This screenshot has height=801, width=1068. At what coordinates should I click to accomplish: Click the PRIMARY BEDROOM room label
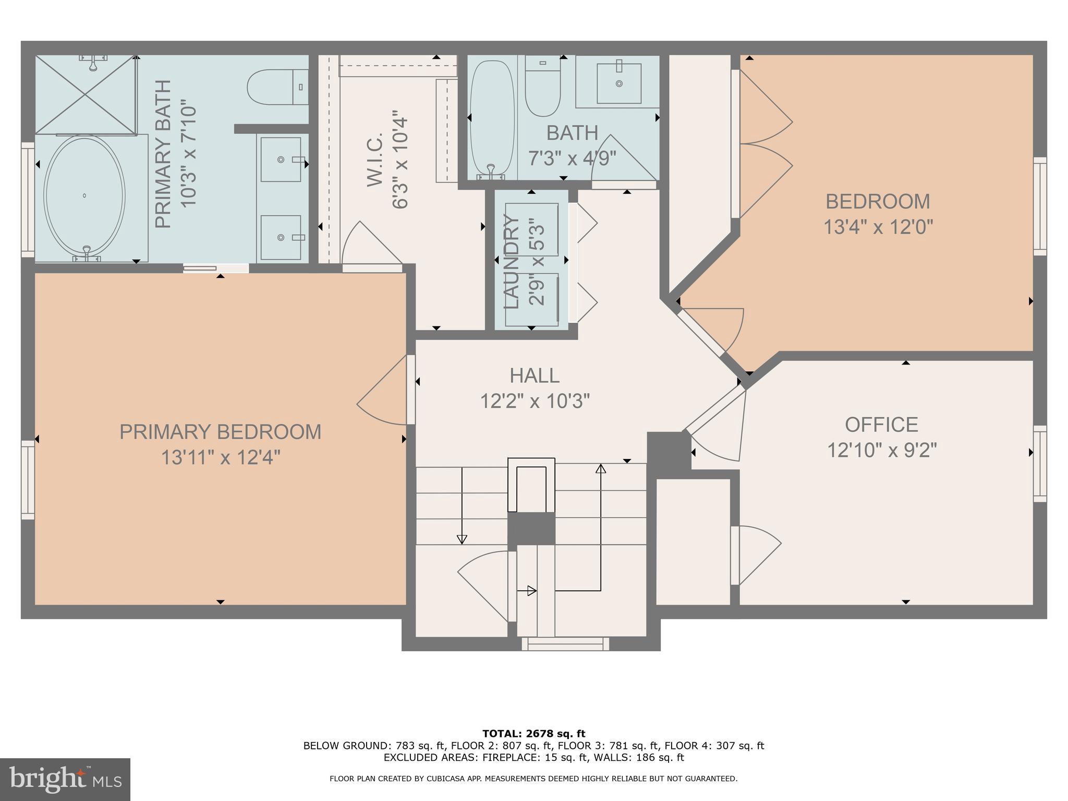tap(220, 432)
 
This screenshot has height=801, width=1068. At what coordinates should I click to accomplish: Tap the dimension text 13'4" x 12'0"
tap(878, 227)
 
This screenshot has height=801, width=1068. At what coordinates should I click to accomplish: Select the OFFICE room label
tap(881, 425)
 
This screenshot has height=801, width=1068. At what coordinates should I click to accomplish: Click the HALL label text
tap(535, 376)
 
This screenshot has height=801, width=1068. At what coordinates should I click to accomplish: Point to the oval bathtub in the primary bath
tap(84, 196)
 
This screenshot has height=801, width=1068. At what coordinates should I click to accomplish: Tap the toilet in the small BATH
tap(542, 87)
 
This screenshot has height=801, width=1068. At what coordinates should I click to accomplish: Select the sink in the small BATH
tap(618, 83)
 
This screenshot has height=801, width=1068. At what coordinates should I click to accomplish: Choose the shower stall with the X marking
tap(86, 94)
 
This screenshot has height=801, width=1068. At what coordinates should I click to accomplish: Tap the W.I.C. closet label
tap(375, 159)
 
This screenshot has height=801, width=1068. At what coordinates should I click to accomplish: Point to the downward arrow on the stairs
tap(462, 539)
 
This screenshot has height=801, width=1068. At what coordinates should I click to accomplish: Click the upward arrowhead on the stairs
tap(601, 468)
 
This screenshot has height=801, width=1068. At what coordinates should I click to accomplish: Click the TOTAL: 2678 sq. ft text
tap(533, 734)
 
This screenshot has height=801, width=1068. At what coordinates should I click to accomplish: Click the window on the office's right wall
tap(1040, 464)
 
